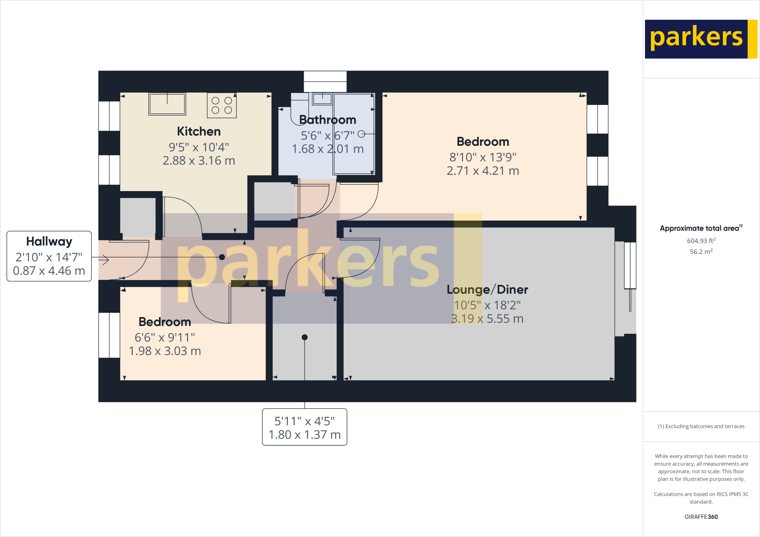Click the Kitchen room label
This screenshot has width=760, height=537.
coord(199,131)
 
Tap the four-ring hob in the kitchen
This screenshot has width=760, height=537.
coord(222,105)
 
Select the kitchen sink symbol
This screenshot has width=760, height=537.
coord(167,104)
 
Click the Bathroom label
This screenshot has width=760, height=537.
coord(327,120)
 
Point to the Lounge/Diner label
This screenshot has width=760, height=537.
coord(487,289)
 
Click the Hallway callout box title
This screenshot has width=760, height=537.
coord(49,241)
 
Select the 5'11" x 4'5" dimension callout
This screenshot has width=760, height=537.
coord(304,427)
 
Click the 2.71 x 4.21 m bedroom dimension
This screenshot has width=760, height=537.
coord(482,171)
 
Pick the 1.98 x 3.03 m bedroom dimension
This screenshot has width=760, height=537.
coord(165,351)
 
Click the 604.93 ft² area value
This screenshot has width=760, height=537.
coord(701,241)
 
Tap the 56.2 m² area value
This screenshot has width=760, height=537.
coord(701,252)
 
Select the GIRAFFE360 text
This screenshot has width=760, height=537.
coord(701,517)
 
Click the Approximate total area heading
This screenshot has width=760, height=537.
coord(700,228)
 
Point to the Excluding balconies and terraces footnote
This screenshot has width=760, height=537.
coord(701,426)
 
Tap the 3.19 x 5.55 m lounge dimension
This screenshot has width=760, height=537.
coord(487,319)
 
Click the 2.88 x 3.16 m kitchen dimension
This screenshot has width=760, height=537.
coord(199,161)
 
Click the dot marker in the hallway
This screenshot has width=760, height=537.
coord(222,257)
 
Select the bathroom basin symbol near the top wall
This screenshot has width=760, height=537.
coord(322,99)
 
